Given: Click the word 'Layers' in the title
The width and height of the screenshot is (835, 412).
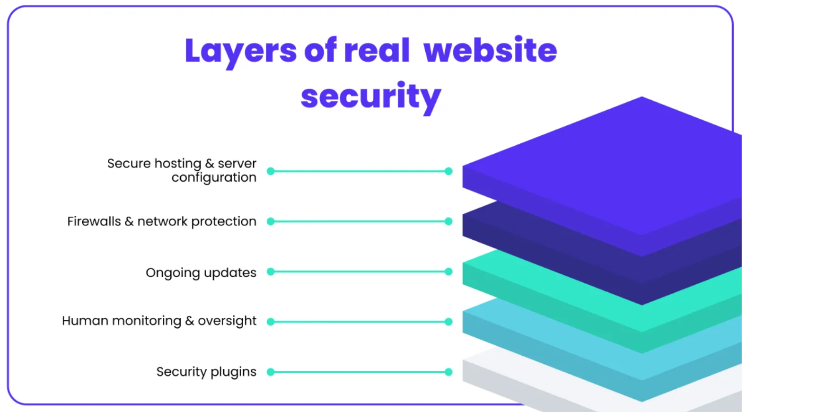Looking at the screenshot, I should [240, 51].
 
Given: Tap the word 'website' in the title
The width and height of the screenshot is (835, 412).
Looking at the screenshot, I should [490, 50].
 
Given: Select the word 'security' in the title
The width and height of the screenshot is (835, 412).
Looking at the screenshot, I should [371, 96].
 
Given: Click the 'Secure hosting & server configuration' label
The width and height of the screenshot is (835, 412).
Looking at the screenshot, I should [182, 170].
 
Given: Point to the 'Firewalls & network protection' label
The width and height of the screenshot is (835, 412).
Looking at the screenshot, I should [162, 221].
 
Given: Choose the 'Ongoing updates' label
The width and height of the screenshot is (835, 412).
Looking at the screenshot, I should [201, 272].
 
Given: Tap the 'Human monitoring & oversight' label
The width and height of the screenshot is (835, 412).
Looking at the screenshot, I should [159, 321].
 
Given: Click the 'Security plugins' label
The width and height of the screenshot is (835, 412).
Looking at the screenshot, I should [206, 372].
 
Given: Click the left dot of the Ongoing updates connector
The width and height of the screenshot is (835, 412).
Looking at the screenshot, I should [271, 272].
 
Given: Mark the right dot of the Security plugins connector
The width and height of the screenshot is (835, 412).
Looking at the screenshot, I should [448, 372].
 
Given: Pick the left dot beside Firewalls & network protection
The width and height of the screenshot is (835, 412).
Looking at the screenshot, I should [271, 221].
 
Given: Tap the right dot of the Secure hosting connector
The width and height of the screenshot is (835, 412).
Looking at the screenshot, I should [448, 171].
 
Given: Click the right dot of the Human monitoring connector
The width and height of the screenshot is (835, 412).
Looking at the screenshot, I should [448, 322].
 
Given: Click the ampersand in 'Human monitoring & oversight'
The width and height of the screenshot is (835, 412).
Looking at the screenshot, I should [189, 321].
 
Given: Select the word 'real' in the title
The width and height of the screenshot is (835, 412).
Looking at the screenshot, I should [377, 50].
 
